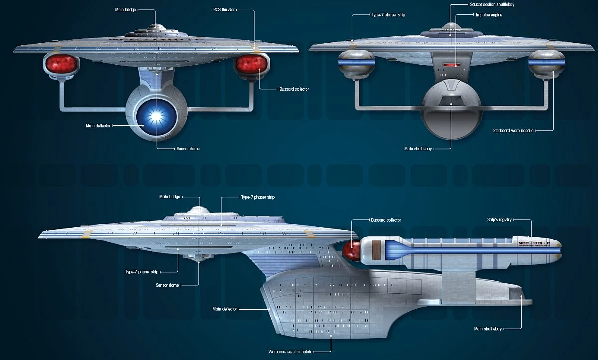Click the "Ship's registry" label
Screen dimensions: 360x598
tap(499, 220)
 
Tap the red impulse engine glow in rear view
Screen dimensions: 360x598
tap(452, 64)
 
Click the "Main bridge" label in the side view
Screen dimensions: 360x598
tap(169, 197)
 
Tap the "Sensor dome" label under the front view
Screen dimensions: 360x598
tap(188, 149)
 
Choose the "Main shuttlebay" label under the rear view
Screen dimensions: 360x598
tap(418, 149)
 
